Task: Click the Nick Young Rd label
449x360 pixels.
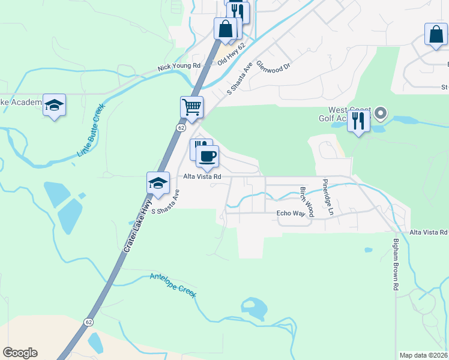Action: [179, 66]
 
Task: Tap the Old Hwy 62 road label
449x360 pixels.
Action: [232, 54]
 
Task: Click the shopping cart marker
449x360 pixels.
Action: [191, 107]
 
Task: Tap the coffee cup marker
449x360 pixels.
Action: [208, 157]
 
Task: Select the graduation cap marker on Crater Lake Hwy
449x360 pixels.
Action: [158, 183]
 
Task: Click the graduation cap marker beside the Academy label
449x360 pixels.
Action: [55, 106]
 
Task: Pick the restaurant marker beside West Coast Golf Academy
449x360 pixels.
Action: [358, 121]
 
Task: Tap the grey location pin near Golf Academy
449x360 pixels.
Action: [380, 113]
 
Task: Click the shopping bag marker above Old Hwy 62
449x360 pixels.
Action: [226, 28]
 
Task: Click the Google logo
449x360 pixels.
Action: [20, 353]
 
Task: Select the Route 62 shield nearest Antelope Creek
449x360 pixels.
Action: [89, 322]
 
